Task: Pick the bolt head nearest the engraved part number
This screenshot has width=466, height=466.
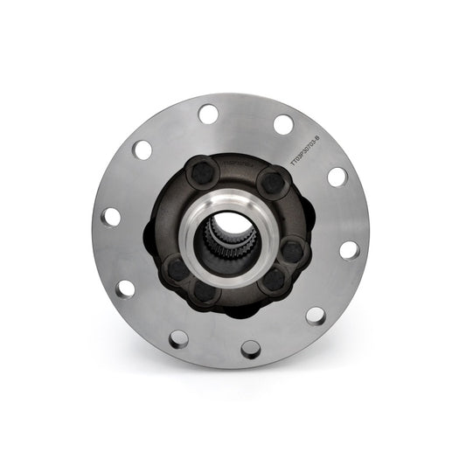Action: pyautogui.click(x=273, y=183)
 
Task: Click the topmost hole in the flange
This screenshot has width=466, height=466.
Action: pyautogui.click(x=208, y=114)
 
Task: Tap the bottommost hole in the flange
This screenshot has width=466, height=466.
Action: pyautogui.click(x=251, y=350)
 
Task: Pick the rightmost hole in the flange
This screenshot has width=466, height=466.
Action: pyautogui.click(x=349, y=250)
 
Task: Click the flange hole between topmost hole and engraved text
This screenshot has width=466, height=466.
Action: pyautogui.click(x=283, y=124)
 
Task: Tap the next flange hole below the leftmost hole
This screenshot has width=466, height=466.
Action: pyautogui.click(x=125, y=289)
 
